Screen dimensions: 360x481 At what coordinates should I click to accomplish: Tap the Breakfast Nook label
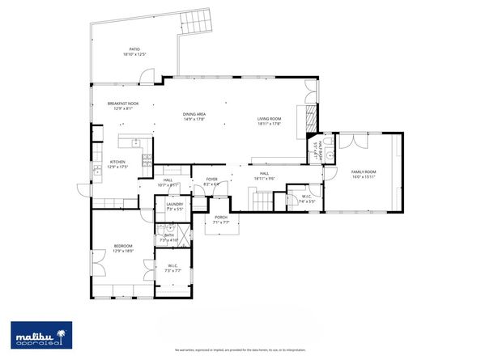(122, 105)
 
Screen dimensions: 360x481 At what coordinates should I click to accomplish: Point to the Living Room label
(269, 121)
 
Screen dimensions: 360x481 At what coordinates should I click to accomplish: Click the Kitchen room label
(118, 164)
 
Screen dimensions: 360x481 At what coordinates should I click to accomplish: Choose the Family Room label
(364, 174)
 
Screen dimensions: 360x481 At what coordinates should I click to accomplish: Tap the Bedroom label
(122, 248)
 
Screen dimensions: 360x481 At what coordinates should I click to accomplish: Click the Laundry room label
(174, 205)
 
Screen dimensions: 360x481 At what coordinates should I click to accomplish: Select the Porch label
(220, 220)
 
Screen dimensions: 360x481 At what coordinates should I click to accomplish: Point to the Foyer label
(212, 181)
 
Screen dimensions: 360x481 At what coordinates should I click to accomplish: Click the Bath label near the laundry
(169, 237)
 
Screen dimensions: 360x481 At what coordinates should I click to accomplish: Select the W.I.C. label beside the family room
(306, 197)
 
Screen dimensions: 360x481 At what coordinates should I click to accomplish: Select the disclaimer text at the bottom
(240, 349)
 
